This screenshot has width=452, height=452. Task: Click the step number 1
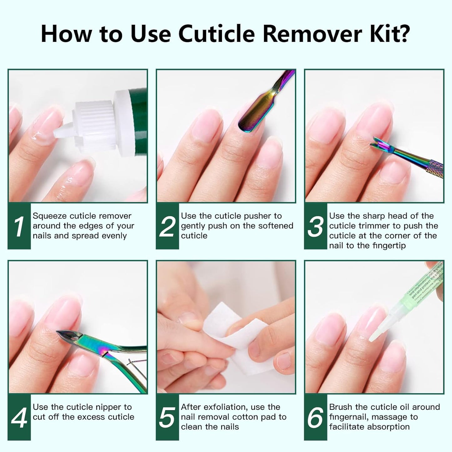19,226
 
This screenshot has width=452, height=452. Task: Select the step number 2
167,226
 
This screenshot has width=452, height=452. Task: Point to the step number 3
315,226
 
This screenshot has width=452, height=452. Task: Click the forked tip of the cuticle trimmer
377,144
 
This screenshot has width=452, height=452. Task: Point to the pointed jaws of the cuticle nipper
67,336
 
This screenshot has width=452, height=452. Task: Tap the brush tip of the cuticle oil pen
375,335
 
